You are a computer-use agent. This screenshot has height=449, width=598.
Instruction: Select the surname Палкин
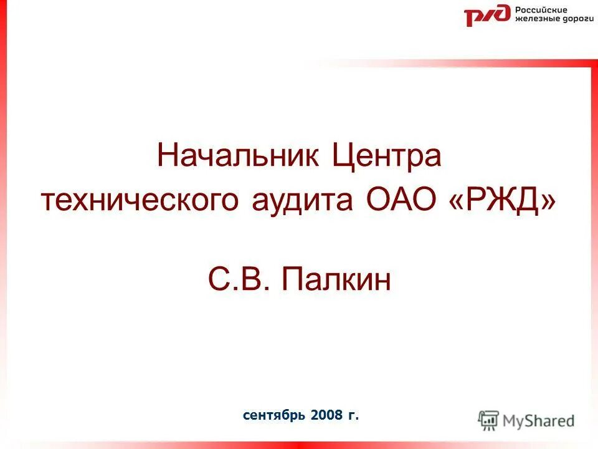click(336, 280)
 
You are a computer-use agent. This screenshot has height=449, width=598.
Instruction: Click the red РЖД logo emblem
click(487, 15)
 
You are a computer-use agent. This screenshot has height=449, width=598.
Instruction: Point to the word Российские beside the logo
click(541, 10)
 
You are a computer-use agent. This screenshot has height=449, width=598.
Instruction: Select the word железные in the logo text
click(532, 20)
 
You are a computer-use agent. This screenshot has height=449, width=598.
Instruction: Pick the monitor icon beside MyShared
click(488, 421)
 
